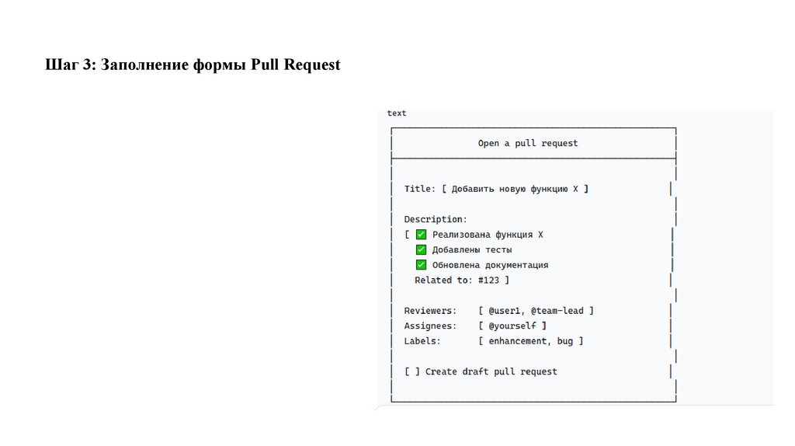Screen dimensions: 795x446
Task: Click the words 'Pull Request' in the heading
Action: (x=296, y=65)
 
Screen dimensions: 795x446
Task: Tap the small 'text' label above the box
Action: (x=397, y=113)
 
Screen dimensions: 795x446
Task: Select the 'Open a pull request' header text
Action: (x=528, y=143)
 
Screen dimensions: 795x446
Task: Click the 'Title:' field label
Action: (x=420, y=189)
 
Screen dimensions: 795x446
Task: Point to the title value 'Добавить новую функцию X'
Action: (x=515, y=189)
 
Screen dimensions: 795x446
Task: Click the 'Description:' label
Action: (x=436, y=219)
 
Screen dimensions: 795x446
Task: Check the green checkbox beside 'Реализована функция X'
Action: (x=421, y=235)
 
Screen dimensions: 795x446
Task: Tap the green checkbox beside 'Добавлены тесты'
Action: (x=421, y=249)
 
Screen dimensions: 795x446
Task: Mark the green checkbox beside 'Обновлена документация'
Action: (x=421, y=265)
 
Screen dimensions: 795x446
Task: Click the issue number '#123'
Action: (x=488, y=280)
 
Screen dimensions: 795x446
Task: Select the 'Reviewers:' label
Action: (x=430, y=311)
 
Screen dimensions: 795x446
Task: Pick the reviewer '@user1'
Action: (x=504, y=311)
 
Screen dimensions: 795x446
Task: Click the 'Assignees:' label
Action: (x=430, y=326)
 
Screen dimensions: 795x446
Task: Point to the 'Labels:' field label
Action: (x=422, y=341)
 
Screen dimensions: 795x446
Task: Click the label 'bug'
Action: (x=565, y=341)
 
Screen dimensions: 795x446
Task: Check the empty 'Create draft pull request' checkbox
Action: (x=412, y=371)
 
